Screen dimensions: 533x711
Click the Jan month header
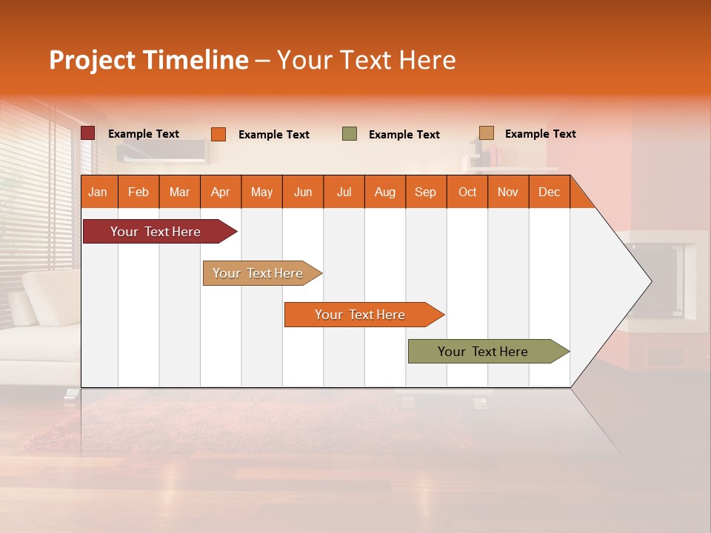tap(99, 192)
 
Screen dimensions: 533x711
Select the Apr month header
tap(221, 192)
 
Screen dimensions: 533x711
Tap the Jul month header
tap(344, 192)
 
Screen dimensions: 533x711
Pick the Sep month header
tap(426, 192)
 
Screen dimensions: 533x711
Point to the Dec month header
tap(549, 192)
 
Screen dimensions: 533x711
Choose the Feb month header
tap(138, 192)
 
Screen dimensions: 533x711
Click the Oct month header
tap(467, 192)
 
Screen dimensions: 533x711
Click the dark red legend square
tap(88, 133)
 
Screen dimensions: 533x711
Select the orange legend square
tap(218, 134)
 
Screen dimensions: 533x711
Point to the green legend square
tap(350, 134)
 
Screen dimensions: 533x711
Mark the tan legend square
tap(487, 133)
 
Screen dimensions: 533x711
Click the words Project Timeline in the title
tap(148, 60)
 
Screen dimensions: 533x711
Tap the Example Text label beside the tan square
tap(540, 134)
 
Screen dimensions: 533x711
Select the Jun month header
tap(303, 192)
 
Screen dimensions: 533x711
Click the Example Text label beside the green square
tap(404, 135)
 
